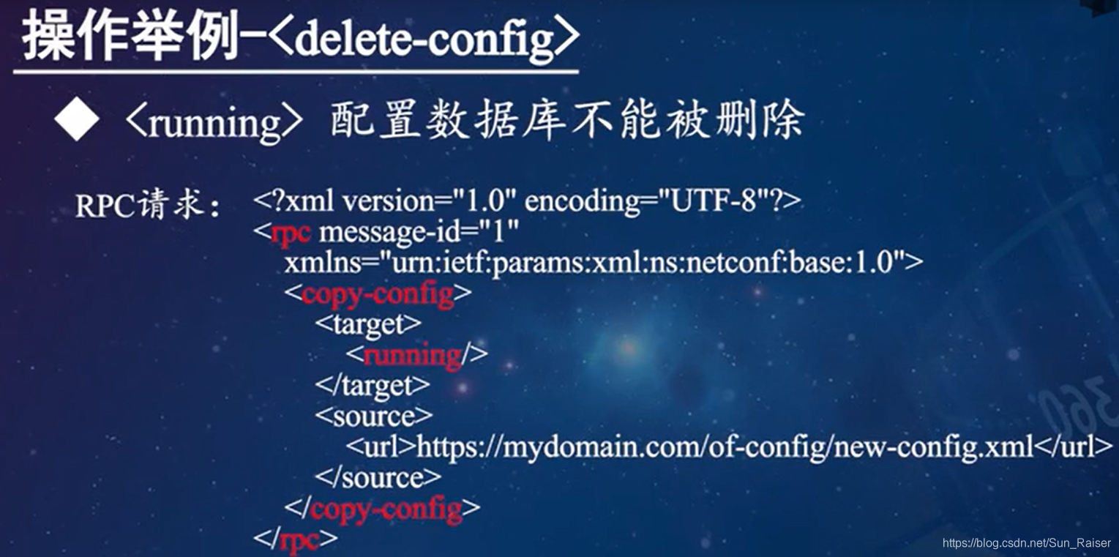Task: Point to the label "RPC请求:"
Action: click(x=147, y=206)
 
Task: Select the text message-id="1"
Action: click(x=419, y=232)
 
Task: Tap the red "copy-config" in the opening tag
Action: click(x=378, y=294)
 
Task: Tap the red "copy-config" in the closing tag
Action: click(x=386, y=508)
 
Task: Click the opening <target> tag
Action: click(x=368, y=324)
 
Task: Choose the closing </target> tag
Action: click(x=373, y=385)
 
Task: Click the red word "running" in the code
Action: click(x=412, y=355)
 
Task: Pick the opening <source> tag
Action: click(x=374, y=416)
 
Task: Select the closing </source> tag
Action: click(x=378, y=477)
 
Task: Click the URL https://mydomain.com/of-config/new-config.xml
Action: click(x=725, y=446)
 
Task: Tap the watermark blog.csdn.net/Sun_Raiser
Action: click(x=1027, y=543)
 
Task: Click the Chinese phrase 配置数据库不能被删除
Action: click(x=567, y=121)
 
